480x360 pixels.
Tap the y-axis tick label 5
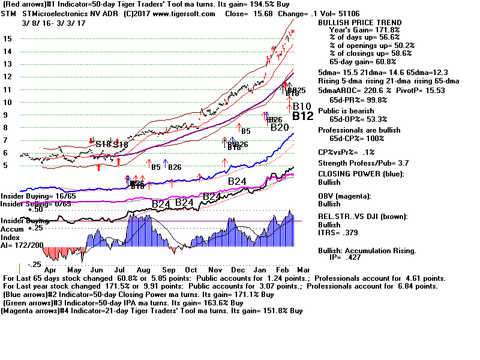5,166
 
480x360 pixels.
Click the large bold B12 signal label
303,116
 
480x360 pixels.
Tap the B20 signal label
280,127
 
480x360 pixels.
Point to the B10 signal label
302,106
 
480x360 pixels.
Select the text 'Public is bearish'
347,110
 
